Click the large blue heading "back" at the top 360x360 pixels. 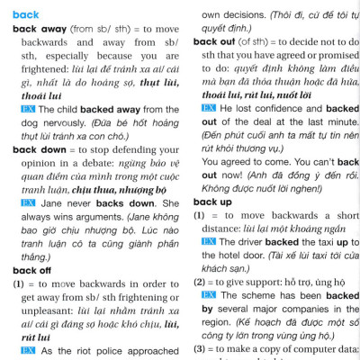[x=26, y=14]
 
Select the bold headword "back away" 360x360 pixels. [x=37, y=29]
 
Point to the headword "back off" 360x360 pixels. [x=31, y=270]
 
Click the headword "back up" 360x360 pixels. [x=211, y=202]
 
